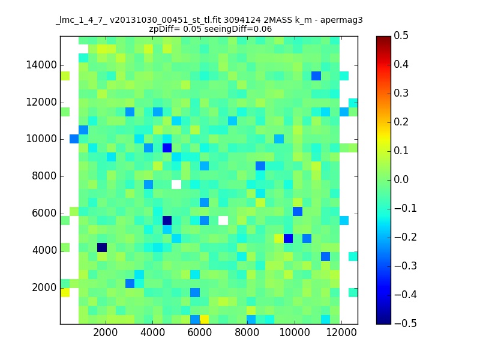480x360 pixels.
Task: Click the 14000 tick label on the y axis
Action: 41,65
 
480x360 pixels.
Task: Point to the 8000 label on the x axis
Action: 247,332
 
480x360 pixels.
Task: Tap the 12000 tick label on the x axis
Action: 341,332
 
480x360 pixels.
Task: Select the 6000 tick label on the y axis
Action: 44,213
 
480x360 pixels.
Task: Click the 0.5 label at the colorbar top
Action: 401,35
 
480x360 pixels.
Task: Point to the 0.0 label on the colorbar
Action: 401,179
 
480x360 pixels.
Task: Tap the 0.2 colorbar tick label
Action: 401,122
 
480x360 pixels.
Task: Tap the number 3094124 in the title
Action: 242,20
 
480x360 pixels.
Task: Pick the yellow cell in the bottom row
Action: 204,320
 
